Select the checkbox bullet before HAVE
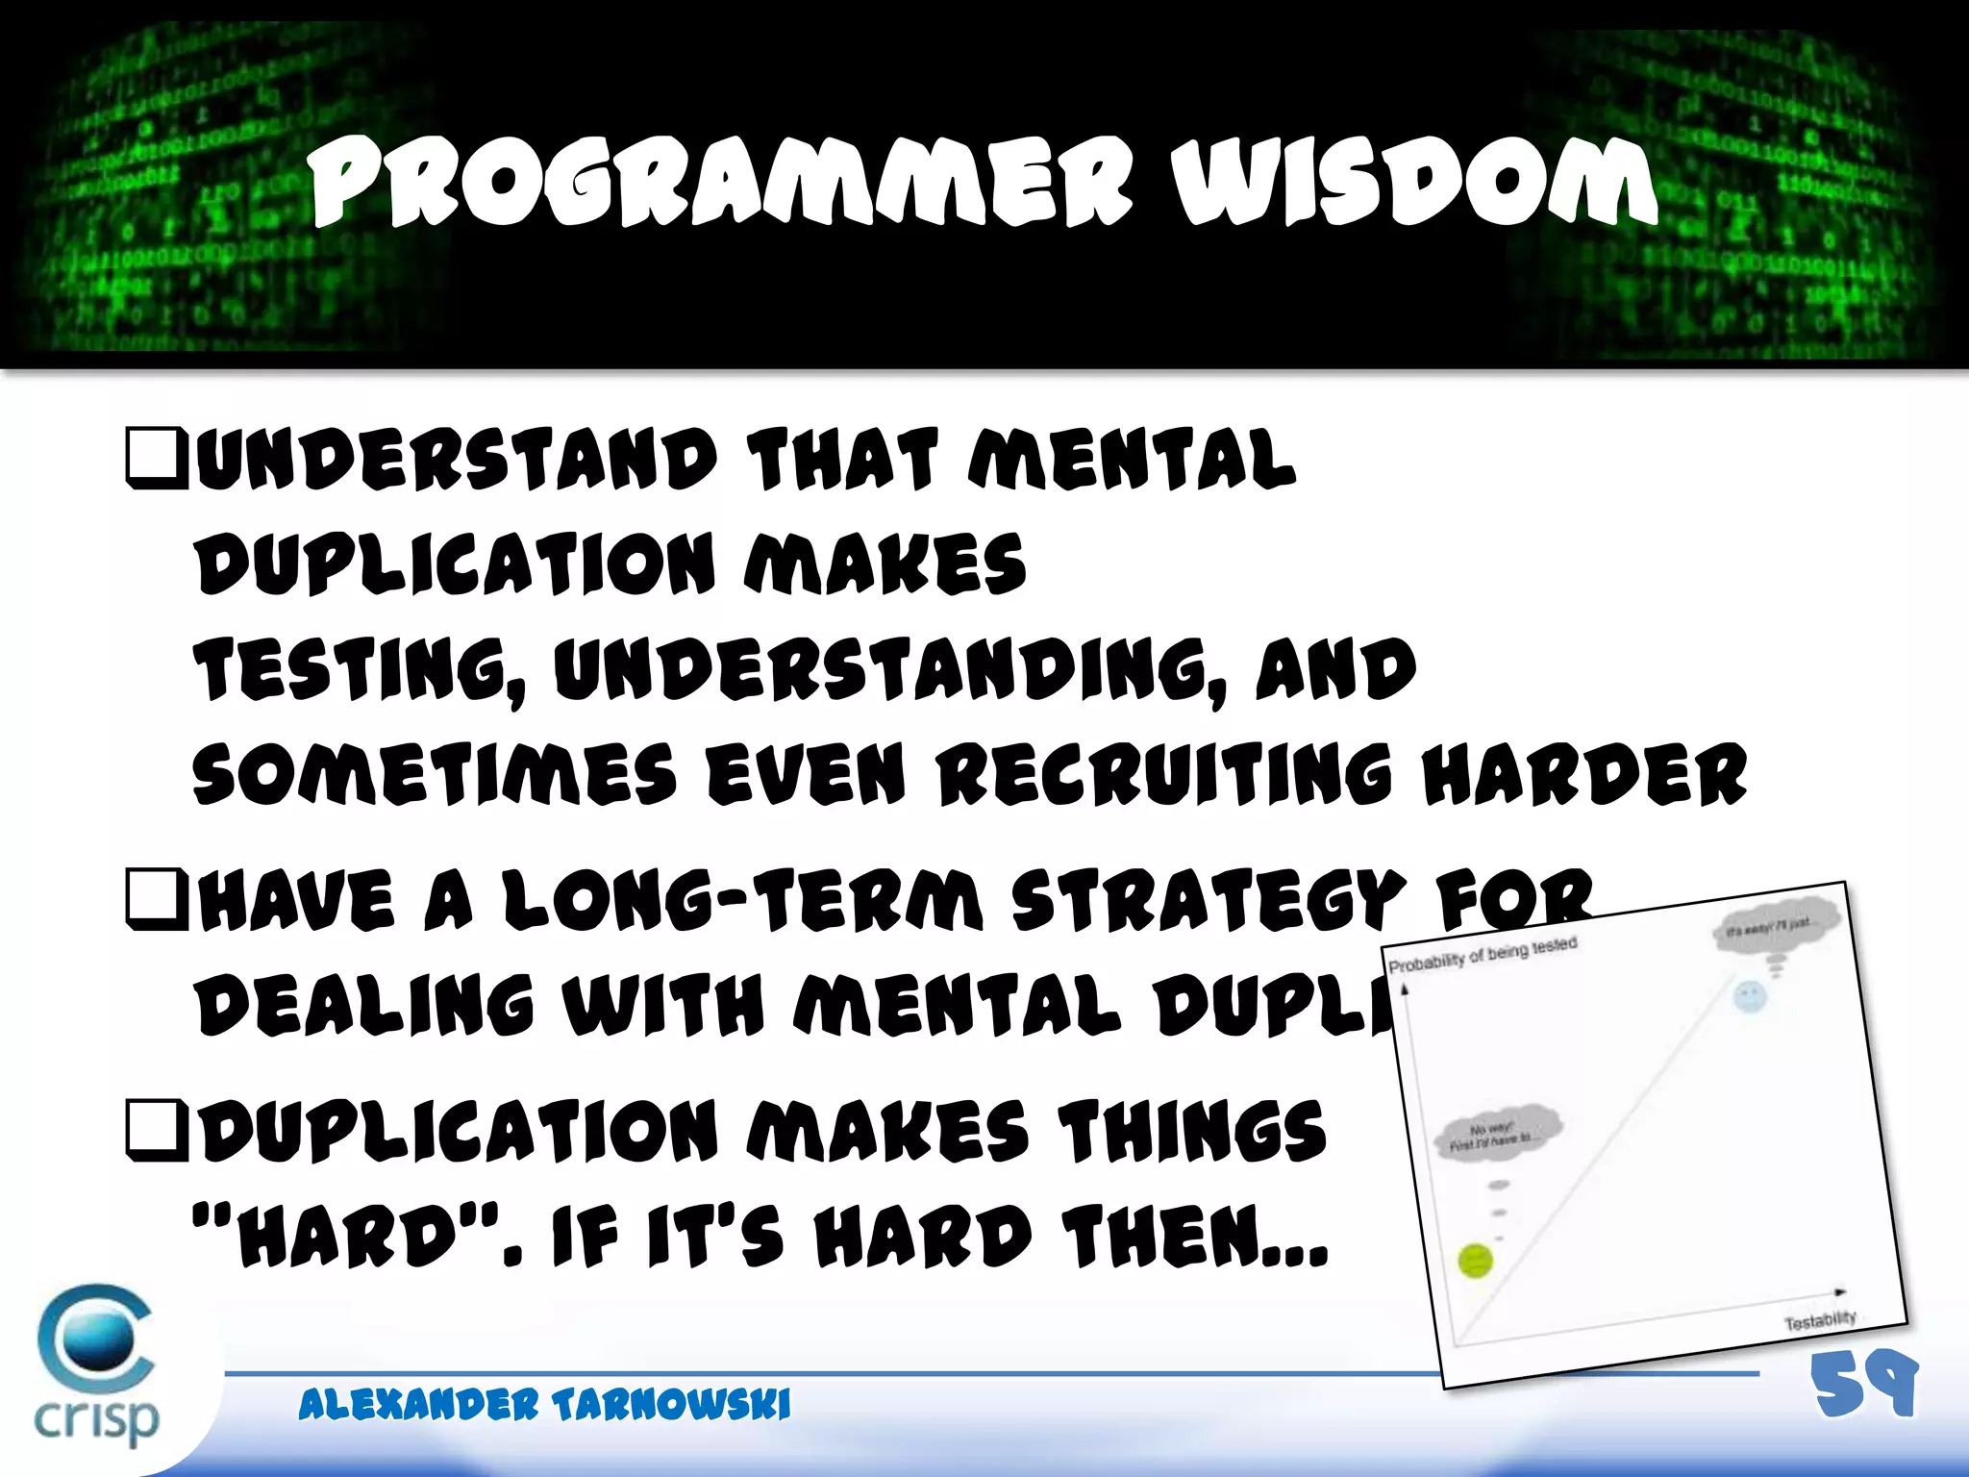click(x=156, y=900)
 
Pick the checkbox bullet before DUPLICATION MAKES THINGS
click(x=156, y=1129)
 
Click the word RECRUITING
click(x=1164, y=773)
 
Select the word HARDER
click(x=1584, y=773)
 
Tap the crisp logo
click(x=96, y=1365)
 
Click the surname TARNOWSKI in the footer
click(x=671, y=1405)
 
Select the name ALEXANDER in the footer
click(x=417, y=1405)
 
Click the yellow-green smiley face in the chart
click(x=1475, y=1260)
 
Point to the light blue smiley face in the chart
click(x=1749, y=996)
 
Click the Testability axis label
click(x=1819, y=1321)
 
